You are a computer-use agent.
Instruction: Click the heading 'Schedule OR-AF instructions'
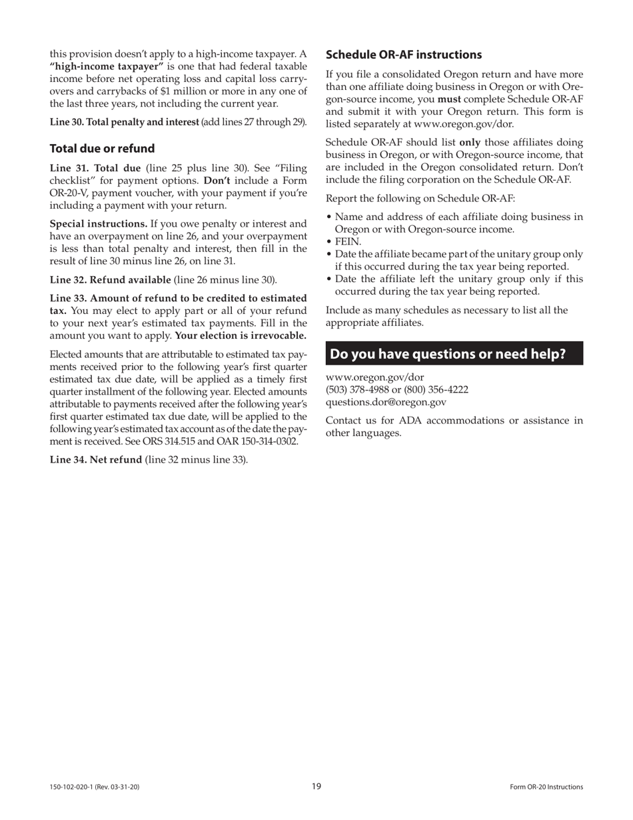[x=403, y=55]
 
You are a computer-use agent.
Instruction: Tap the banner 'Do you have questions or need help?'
[x=454, y=354]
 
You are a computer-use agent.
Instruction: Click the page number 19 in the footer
[x=316, y=786]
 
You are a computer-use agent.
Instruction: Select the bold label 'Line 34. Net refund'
[x=96, y=459]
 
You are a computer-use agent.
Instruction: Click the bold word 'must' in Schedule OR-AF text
[x=449, y=99]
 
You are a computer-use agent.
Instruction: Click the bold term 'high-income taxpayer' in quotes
[x=107, y=67]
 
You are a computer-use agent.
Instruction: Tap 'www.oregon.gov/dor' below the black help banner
[x=374, y=377]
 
